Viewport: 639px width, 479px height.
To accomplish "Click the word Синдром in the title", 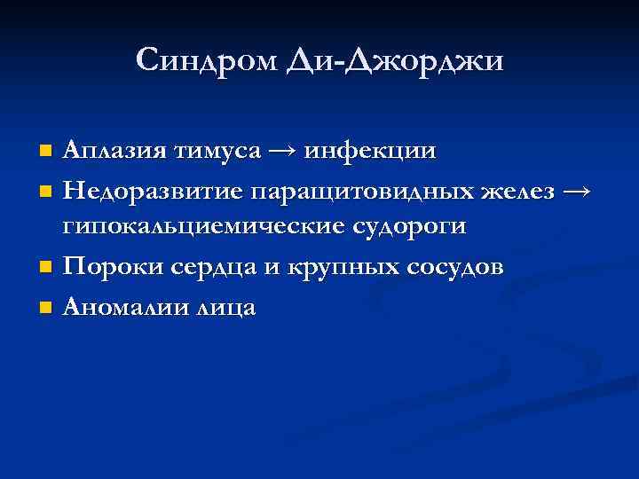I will (209, 60).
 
